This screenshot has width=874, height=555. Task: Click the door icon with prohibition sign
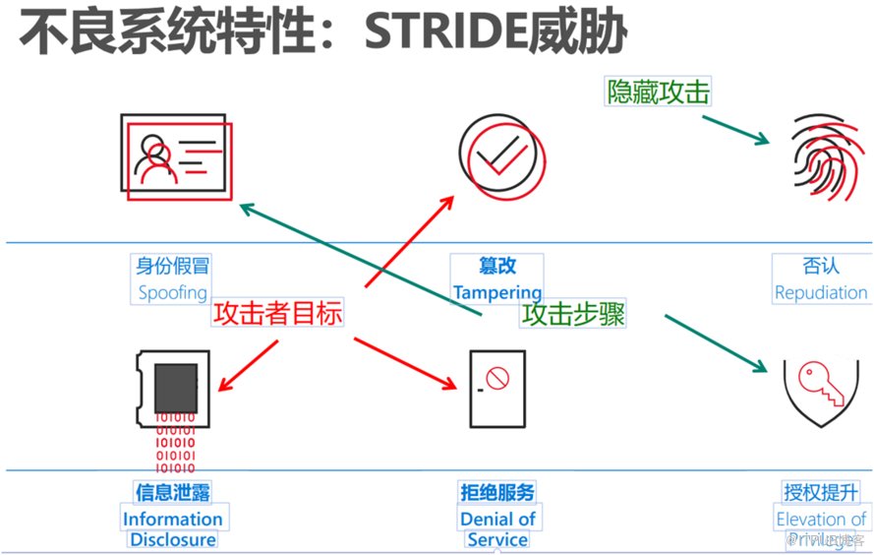click(x=497, y=388)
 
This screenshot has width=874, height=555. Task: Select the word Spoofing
click(x=173, y=292)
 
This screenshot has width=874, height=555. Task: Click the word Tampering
click(x=497, y=292)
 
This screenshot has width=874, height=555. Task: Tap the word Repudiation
click(x=821, y=292)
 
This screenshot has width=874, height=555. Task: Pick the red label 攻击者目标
click(x=279, y=314)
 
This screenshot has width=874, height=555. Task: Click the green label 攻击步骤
click(x=573, y=314)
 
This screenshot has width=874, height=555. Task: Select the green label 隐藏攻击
click(x=658, y=92)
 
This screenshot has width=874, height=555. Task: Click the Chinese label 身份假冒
click(x=173, y=266)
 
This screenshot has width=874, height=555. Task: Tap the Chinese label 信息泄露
click(x=173, y=492)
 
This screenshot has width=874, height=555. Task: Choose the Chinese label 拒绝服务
click(x=497, y=492)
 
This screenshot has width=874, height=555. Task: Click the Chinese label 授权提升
click(x=821, y=492)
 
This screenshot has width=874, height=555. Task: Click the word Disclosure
click(x=173, y=539)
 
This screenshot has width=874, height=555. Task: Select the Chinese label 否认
click(x=821, y=266)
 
